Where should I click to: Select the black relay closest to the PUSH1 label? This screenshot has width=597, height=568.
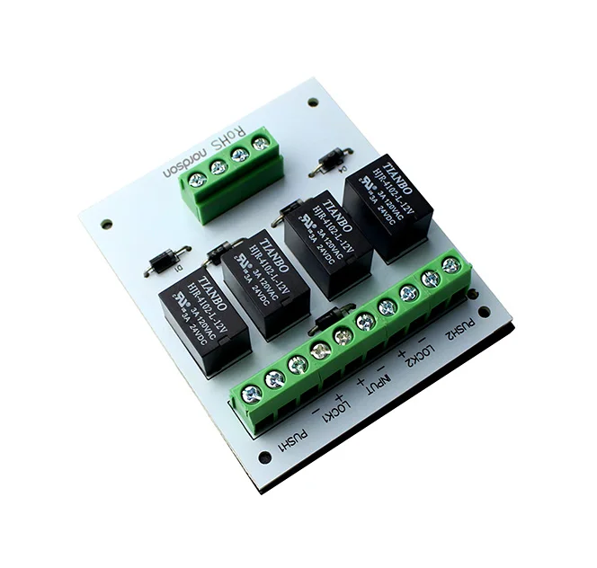pyautogui.click(x=204, y=320)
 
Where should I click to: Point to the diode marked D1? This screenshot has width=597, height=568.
pyautogui.click(x=167, y=260)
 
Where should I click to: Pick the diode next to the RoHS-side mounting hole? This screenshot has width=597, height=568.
pyautogui.click(x=326, y=162)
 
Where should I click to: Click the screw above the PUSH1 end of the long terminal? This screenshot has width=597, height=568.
pyautogui.click(x=252, y=394)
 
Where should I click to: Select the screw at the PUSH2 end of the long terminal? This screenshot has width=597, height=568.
pyautogui.click(x=451, y=265)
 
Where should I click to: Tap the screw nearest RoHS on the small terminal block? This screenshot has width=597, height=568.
pyautogui.click(x=260, y=143)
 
